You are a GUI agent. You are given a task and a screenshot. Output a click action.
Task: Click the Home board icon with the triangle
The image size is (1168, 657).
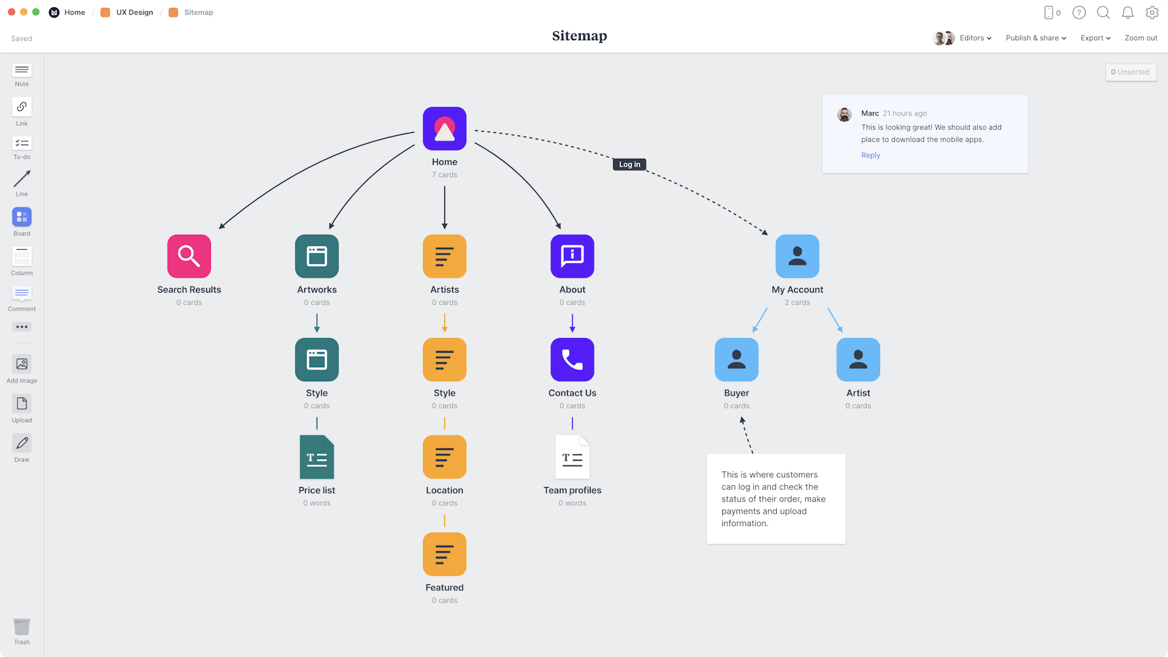click(444, 128)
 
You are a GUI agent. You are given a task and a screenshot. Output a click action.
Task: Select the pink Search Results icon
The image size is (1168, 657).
click(189, 256)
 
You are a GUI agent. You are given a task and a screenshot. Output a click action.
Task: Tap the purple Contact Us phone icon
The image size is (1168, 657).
click(572, 359)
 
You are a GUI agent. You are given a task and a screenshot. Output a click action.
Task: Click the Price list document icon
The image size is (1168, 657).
click(317, 457)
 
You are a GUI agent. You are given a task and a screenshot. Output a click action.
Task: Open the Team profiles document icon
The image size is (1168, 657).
click(572, 457)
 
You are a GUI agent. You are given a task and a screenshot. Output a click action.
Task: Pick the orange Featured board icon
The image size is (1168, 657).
click(444, 554)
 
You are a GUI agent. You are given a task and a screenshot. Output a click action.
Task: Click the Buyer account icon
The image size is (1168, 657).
click(736, 359)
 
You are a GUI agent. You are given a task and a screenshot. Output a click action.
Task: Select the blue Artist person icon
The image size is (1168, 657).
click(858, 359)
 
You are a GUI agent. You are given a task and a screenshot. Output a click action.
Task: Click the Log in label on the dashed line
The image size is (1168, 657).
click(629, 165)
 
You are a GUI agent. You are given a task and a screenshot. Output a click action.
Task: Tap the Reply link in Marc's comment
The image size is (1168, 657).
click(871, 156)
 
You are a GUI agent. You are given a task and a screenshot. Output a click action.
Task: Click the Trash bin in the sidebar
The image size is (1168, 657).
click(22, 627)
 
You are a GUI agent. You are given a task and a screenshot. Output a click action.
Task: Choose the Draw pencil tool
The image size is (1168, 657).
click(22, 444)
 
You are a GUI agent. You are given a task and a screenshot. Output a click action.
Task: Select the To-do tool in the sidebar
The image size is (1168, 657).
click(22, 144)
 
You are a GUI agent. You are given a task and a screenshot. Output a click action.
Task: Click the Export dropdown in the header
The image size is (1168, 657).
click(1095, 38)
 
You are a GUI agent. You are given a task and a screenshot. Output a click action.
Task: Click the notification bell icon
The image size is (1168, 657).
click(1128, 12)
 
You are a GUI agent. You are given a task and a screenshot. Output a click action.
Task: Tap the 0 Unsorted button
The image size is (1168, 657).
click(1130, 72)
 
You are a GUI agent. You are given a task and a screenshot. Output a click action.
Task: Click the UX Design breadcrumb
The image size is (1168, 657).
click(134, 12)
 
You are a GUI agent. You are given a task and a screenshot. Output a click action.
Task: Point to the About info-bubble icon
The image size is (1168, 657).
click(572, 256)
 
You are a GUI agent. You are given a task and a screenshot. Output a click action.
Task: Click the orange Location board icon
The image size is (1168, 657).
click(444, 457)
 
